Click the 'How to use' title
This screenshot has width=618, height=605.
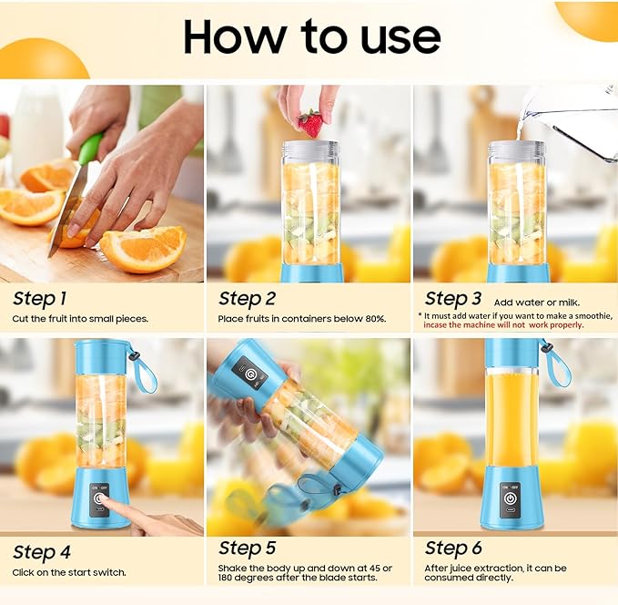click(311, 36)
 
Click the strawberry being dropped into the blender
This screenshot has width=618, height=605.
click(310, 124)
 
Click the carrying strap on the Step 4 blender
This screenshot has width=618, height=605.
click(142, 368)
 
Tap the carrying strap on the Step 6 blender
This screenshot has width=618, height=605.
click(554, 363)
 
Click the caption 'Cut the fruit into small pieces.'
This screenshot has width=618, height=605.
click(80, 319)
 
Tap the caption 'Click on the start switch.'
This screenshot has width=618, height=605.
click(69, 572)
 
